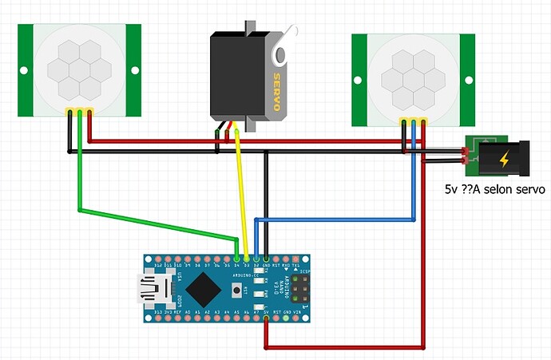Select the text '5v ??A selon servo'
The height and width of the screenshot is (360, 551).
point(494,190)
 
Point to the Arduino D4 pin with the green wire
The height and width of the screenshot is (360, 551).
point(237,259)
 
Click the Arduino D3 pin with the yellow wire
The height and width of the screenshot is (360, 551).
point(247,259)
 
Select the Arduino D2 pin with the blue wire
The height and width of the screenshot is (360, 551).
point(256,259)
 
